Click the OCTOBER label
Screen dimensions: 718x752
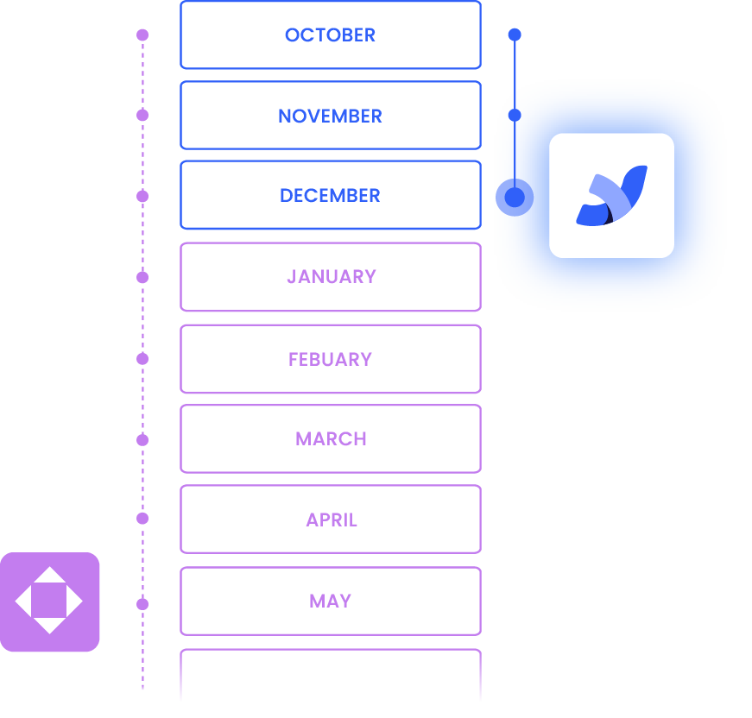[330, 35]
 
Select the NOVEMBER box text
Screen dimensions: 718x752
[330, 116]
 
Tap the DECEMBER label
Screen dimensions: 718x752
[330, 196]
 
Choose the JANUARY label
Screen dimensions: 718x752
[331, 277]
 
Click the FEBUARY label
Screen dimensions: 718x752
[330, 359]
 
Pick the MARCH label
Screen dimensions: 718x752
[331, 439]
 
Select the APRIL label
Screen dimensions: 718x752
[331, 520]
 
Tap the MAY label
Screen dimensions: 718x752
[330, 601]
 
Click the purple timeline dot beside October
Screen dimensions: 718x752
[142, 35]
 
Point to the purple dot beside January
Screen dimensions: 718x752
[142, 277]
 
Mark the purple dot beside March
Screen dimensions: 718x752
[142, 440]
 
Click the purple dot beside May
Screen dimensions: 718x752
[142, 604]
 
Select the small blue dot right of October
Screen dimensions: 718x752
[515, 35]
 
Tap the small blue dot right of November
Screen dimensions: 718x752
[515, 115]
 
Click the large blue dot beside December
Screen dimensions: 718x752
[515, 198]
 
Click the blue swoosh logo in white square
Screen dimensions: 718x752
[611, 196]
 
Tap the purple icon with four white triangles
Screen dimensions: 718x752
[49, 601]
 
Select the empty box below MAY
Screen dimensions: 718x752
[330, 677]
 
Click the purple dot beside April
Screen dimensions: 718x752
[142, 519]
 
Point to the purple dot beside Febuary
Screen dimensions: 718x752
[142, 359]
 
